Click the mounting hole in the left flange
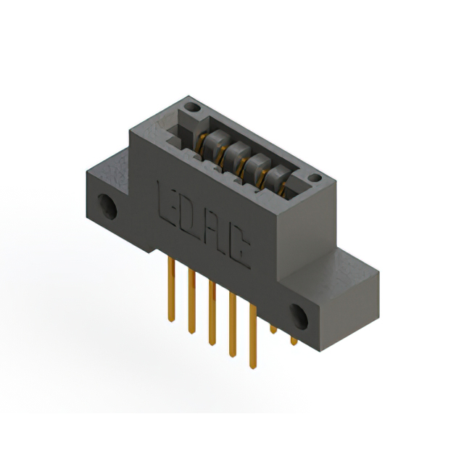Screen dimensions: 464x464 tap(107, 206)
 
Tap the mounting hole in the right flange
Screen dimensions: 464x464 tap(299, 316)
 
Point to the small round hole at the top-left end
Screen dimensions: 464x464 tap(192, 107)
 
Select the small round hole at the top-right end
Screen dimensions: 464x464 tap(315, 178)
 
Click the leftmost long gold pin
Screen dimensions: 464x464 tap(171, 289)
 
